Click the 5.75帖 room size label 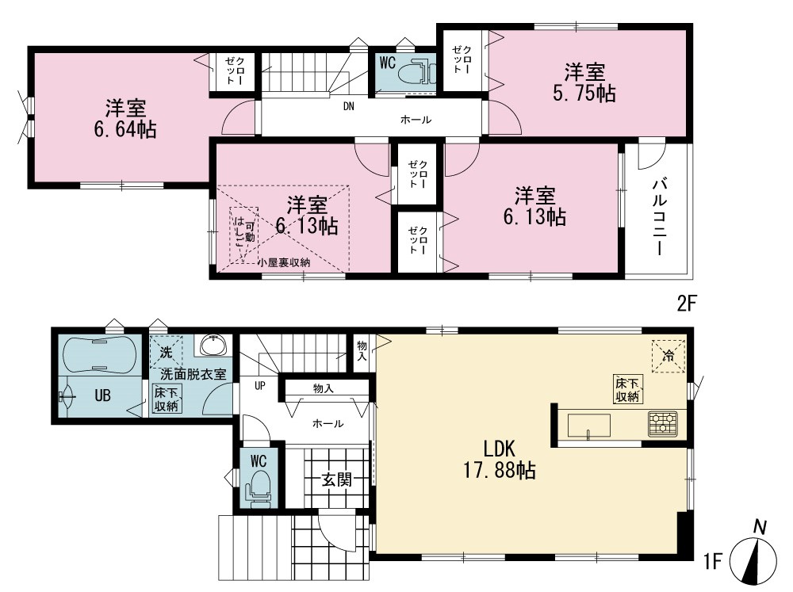tap(584, 94)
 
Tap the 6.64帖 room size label tap(125, 130)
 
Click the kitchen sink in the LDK tap(588, 425)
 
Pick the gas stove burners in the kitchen tap(664, 424)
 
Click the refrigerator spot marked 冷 tap(668, 356)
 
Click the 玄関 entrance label tap(337, 479)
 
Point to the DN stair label tap(348, 107)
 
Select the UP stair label tap(260, 386)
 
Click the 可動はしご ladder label tap(243, 231)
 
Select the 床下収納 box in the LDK tap(627, 389)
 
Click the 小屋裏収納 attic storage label tap(284, 262)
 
